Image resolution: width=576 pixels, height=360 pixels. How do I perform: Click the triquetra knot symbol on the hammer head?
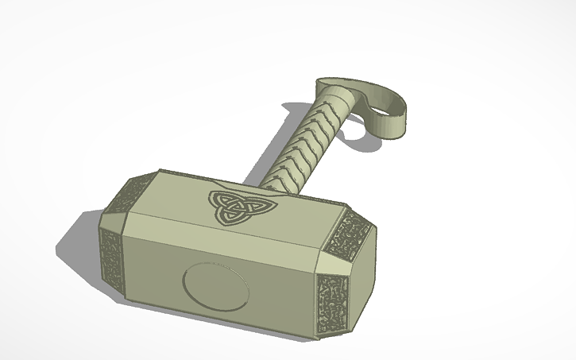point(231,206)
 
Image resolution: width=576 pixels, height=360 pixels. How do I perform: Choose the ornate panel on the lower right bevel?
point(329,299)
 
